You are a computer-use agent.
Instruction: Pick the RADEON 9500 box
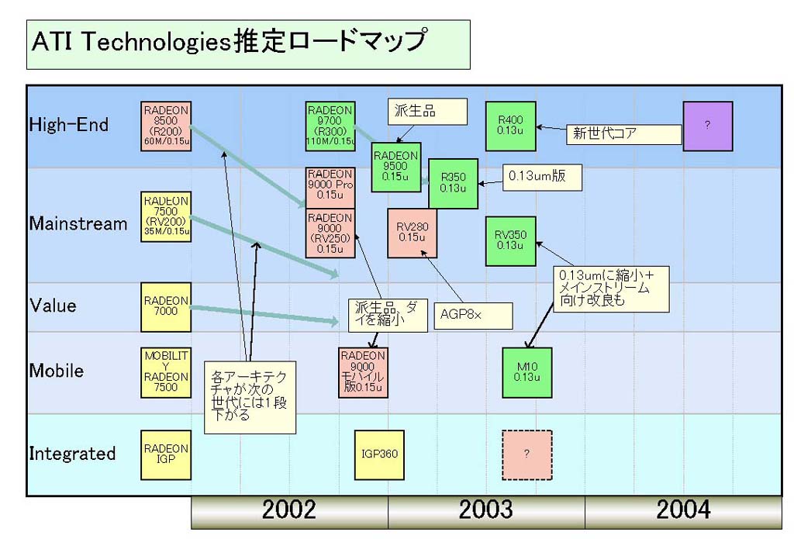click(395, 167)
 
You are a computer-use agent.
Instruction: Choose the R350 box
click(453, 183)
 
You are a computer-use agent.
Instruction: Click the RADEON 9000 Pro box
click(330, 186)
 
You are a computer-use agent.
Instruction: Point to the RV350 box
click(510, 240)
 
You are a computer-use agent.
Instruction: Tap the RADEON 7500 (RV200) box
click(166, 215)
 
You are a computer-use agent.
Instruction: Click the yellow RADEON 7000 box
click(166, 306)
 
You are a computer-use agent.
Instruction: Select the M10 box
click(526, 372)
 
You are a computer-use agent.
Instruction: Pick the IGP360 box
click(379, 454)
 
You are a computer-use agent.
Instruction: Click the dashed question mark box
click(526, 454)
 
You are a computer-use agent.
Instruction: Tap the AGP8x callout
click(473, 316)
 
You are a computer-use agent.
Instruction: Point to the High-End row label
click(69, 124)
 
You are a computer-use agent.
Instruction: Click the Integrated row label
click(72, 454)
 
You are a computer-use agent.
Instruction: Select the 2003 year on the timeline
click(486, 510)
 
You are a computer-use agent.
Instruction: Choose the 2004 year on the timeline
click(683, 510)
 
